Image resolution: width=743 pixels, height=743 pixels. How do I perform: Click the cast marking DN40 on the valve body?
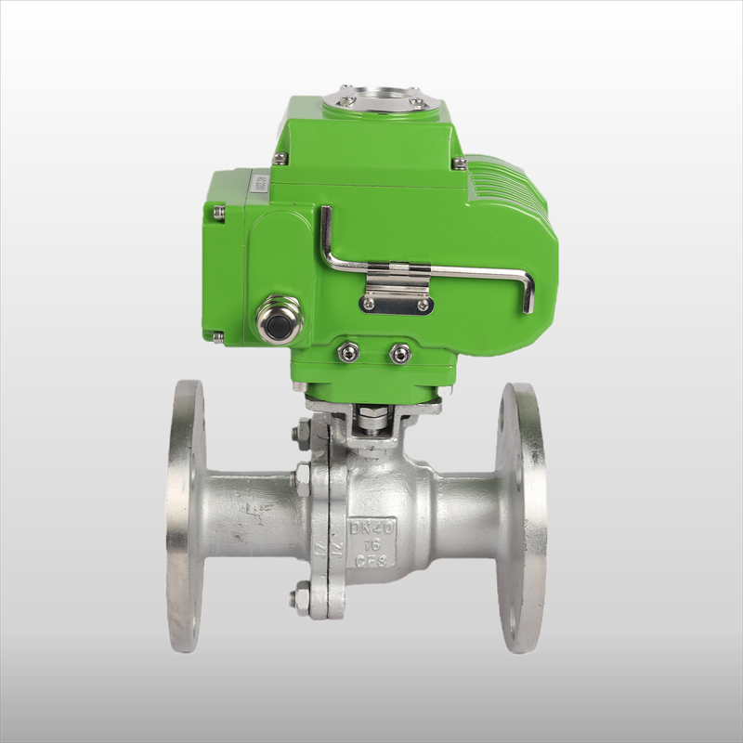point(371,527)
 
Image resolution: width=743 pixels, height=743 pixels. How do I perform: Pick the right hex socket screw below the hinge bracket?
point(400,352)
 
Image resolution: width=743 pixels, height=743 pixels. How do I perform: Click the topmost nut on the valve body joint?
point(304,432)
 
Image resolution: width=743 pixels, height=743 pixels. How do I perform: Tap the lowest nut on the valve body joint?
point(303,598)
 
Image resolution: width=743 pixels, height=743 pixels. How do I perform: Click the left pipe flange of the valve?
point(185,515)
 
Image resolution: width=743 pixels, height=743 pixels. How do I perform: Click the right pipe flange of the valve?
point(520,515)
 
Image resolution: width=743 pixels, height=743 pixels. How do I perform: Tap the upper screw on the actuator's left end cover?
point(218,213)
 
